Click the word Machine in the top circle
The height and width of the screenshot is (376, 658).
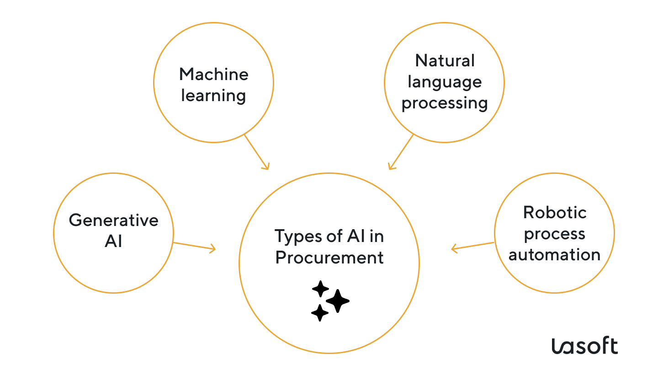(213, 74)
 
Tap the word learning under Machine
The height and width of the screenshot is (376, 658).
(213, 96)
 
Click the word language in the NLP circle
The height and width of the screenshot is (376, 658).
(445, 82)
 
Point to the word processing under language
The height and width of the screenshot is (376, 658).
(445, 103)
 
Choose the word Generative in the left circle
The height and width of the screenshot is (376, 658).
(113, 220)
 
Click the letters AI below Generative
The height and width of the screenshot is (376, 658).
(113, 242)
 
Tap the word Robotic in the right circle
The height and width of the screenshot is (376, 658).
(554, 212)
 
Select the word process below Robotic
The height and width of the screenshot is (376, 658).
(554, 234)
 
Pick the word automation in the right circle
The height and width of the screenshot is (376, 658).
(554, 255)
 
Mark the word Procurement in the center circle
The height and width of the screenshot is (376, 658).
(329, 258)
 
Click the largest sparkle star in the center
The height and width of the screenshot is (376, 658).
(338, 301)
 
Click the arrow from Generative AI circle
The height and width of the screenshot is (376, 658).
(194, 246)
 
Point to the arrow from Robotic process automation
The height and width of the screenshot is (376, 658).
(472, 246)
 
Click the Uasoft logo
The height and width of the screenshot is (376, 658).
(584, 346)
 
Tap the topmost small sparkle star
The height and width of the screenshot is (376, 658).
(320, 289)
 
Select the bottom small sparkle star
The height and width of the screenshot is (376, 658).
(320, 313)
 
